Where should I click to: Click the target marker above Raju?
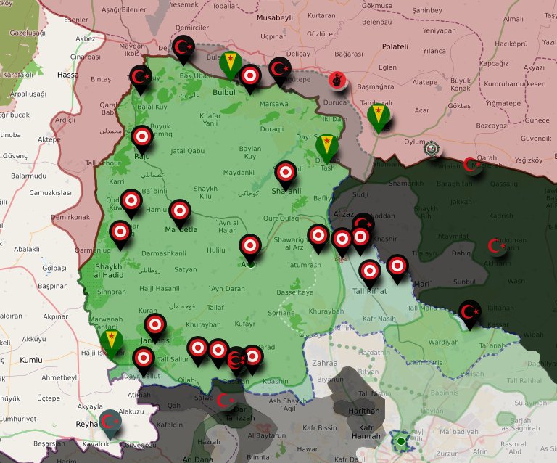142,136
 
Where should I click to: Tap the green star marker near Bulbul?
231,63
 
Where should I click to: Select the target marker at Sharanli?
286,172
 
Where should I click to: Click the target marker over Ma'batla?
180,210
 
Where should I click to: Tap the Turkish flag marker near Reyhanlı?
109,422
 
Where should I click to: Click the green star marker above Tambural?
378,115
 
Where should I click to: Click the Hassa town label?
67,75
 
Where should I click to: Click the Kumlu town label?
31,360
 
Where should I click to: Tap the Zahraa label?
324,363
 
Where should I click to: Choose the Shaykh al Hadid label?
110,271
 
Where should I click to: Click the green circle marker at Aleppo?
400,441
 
